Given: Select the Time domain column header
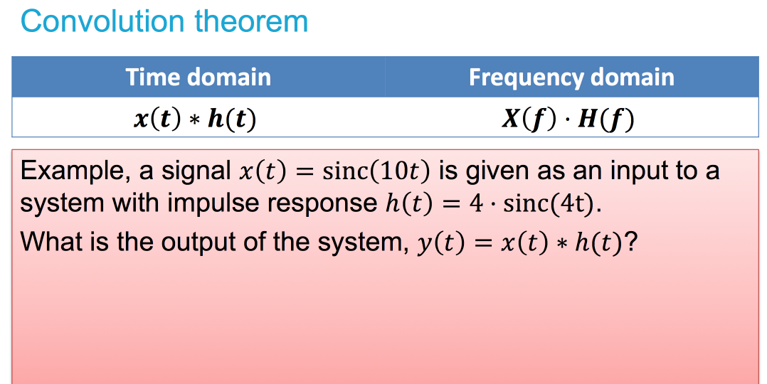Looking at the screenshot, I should pyautogui.click(x=198, y=77).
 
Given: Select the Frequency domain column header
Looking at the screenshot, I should pyautogui.click(x=571, y=77).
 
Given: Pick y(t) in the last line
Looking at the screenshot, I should pyautogui.click(x=435, y=242).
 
